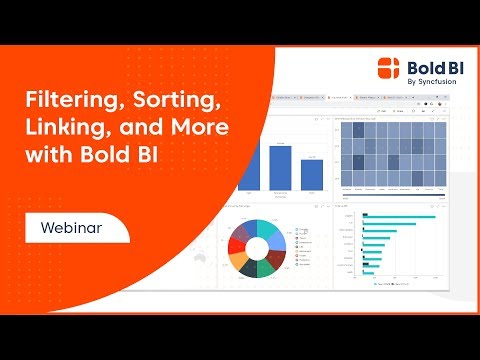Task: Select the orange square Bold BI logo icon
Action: [x=388, y=67]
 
